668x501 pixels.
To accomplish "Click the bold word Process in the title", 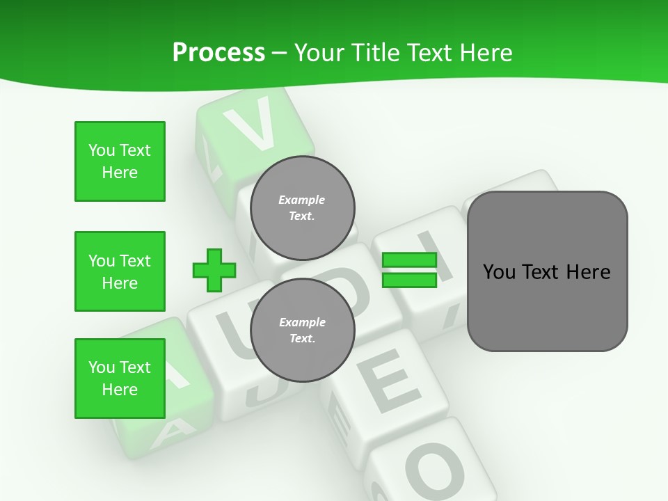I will (218, 53).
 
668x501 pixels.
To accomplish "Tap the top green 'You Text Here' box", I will (120, 161).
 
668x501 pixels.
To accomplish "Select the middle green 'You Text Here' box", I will (120, 271).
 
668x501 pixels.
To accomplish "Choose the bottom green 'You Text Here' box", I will (120, 379).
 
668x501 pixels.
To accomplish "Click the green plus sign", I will (214, 270).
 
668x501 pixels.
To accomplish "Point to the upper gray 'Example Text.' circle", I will (302, 208).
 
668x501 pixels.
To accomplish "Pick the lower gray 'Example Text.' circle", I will (302, 331).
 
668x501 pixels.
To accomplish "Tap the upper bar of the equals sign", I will (409, 260).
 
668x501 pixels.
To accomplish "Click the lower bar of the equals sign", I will (409, 280).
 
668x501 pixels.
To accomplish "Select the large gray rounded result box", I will (547, 271).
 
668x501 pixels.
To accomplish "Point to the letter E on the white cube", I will (391, 381).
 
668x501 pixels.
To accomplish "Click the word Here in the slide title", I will (485, 53).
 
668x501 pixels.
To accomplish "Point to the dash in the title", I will (279, 54).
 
